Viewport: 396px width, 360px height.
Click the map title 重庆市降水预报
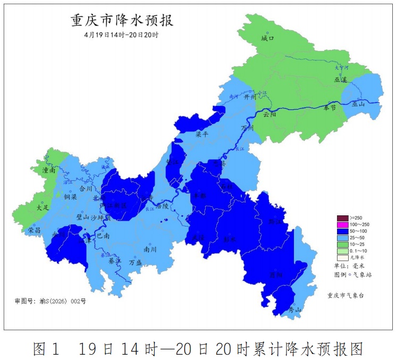(x=122, y=21)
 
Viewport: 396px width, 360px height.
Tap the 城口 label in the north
(x=267, y=39)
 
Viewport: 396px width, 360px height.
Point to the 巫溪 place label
(x=340, y=79)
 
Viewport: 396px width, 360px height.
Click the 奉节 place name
(x=330, y=107)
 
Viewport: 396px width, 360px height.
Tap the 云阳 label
(x=269, y=114)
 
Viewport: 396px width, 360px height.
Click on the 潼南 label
(x=49, y=171)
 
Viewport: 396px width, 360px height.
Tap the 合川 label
(x=86, y=188)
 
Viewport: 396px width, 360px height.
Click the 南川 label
(x=150, y=249)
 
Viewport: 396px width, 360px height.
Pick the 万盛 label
(x=136, y=262)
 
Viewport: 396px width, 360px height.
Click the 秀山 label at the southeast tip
(x=294, y=309)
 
